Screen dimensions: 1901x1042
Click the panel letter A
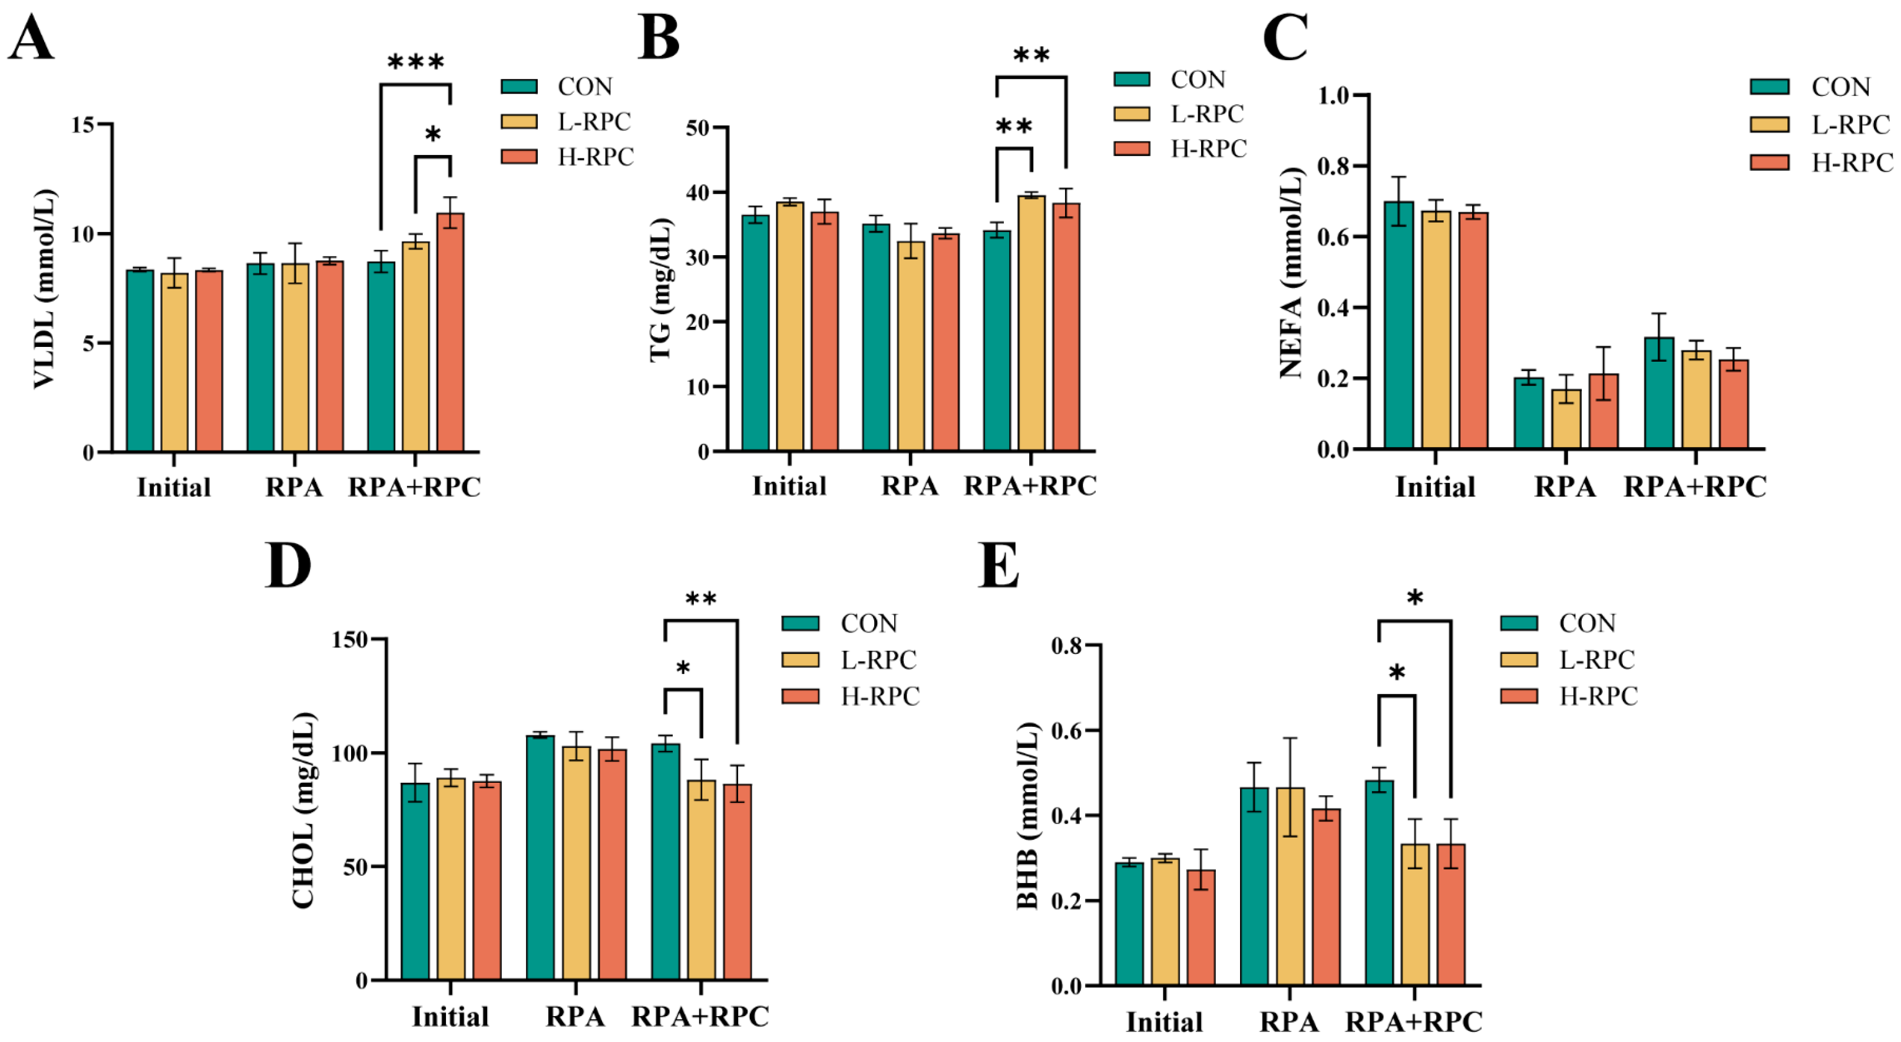click(x=31, y=38)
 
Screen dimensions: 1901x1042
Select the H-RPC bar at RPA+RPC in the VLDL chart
click(x=450, y=332)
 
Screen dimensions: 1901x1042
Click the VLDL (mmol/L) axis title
click(x=44, y=289)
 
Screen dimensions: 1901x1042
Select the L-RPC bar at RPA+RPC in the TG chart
click(x=1032, y=323)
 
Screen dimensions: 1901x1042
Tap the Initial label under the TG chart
click(x=789, y=487)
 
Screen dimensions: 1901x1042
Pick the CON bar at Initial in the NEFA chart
click(x=1399, y=325)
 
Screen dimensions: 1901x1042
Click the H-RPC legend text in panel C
click(x=1852, y=163)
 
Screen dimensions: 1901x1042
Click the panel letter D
click(x=288, y=565)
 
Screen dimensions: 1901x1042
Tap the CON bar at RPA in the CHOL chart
click(x=540, y=858)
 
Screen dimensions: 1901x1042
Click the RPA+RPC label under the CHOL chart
click(x=700, y=1016)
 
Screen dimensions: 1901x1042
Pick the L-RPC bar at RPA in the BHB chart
click(x=1290, y=885)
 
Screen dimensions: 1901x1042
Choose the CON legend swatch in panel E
click(x=1519, y=623)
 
